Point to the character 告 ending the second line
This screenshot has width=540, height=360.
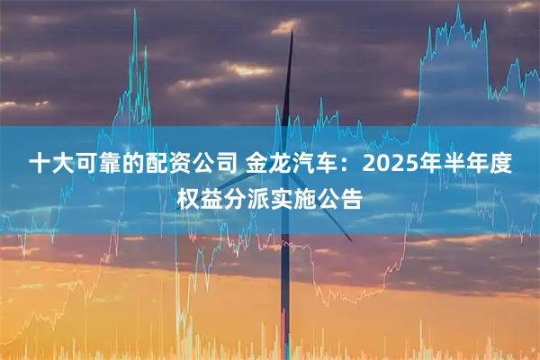click(x=351, y=197)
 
